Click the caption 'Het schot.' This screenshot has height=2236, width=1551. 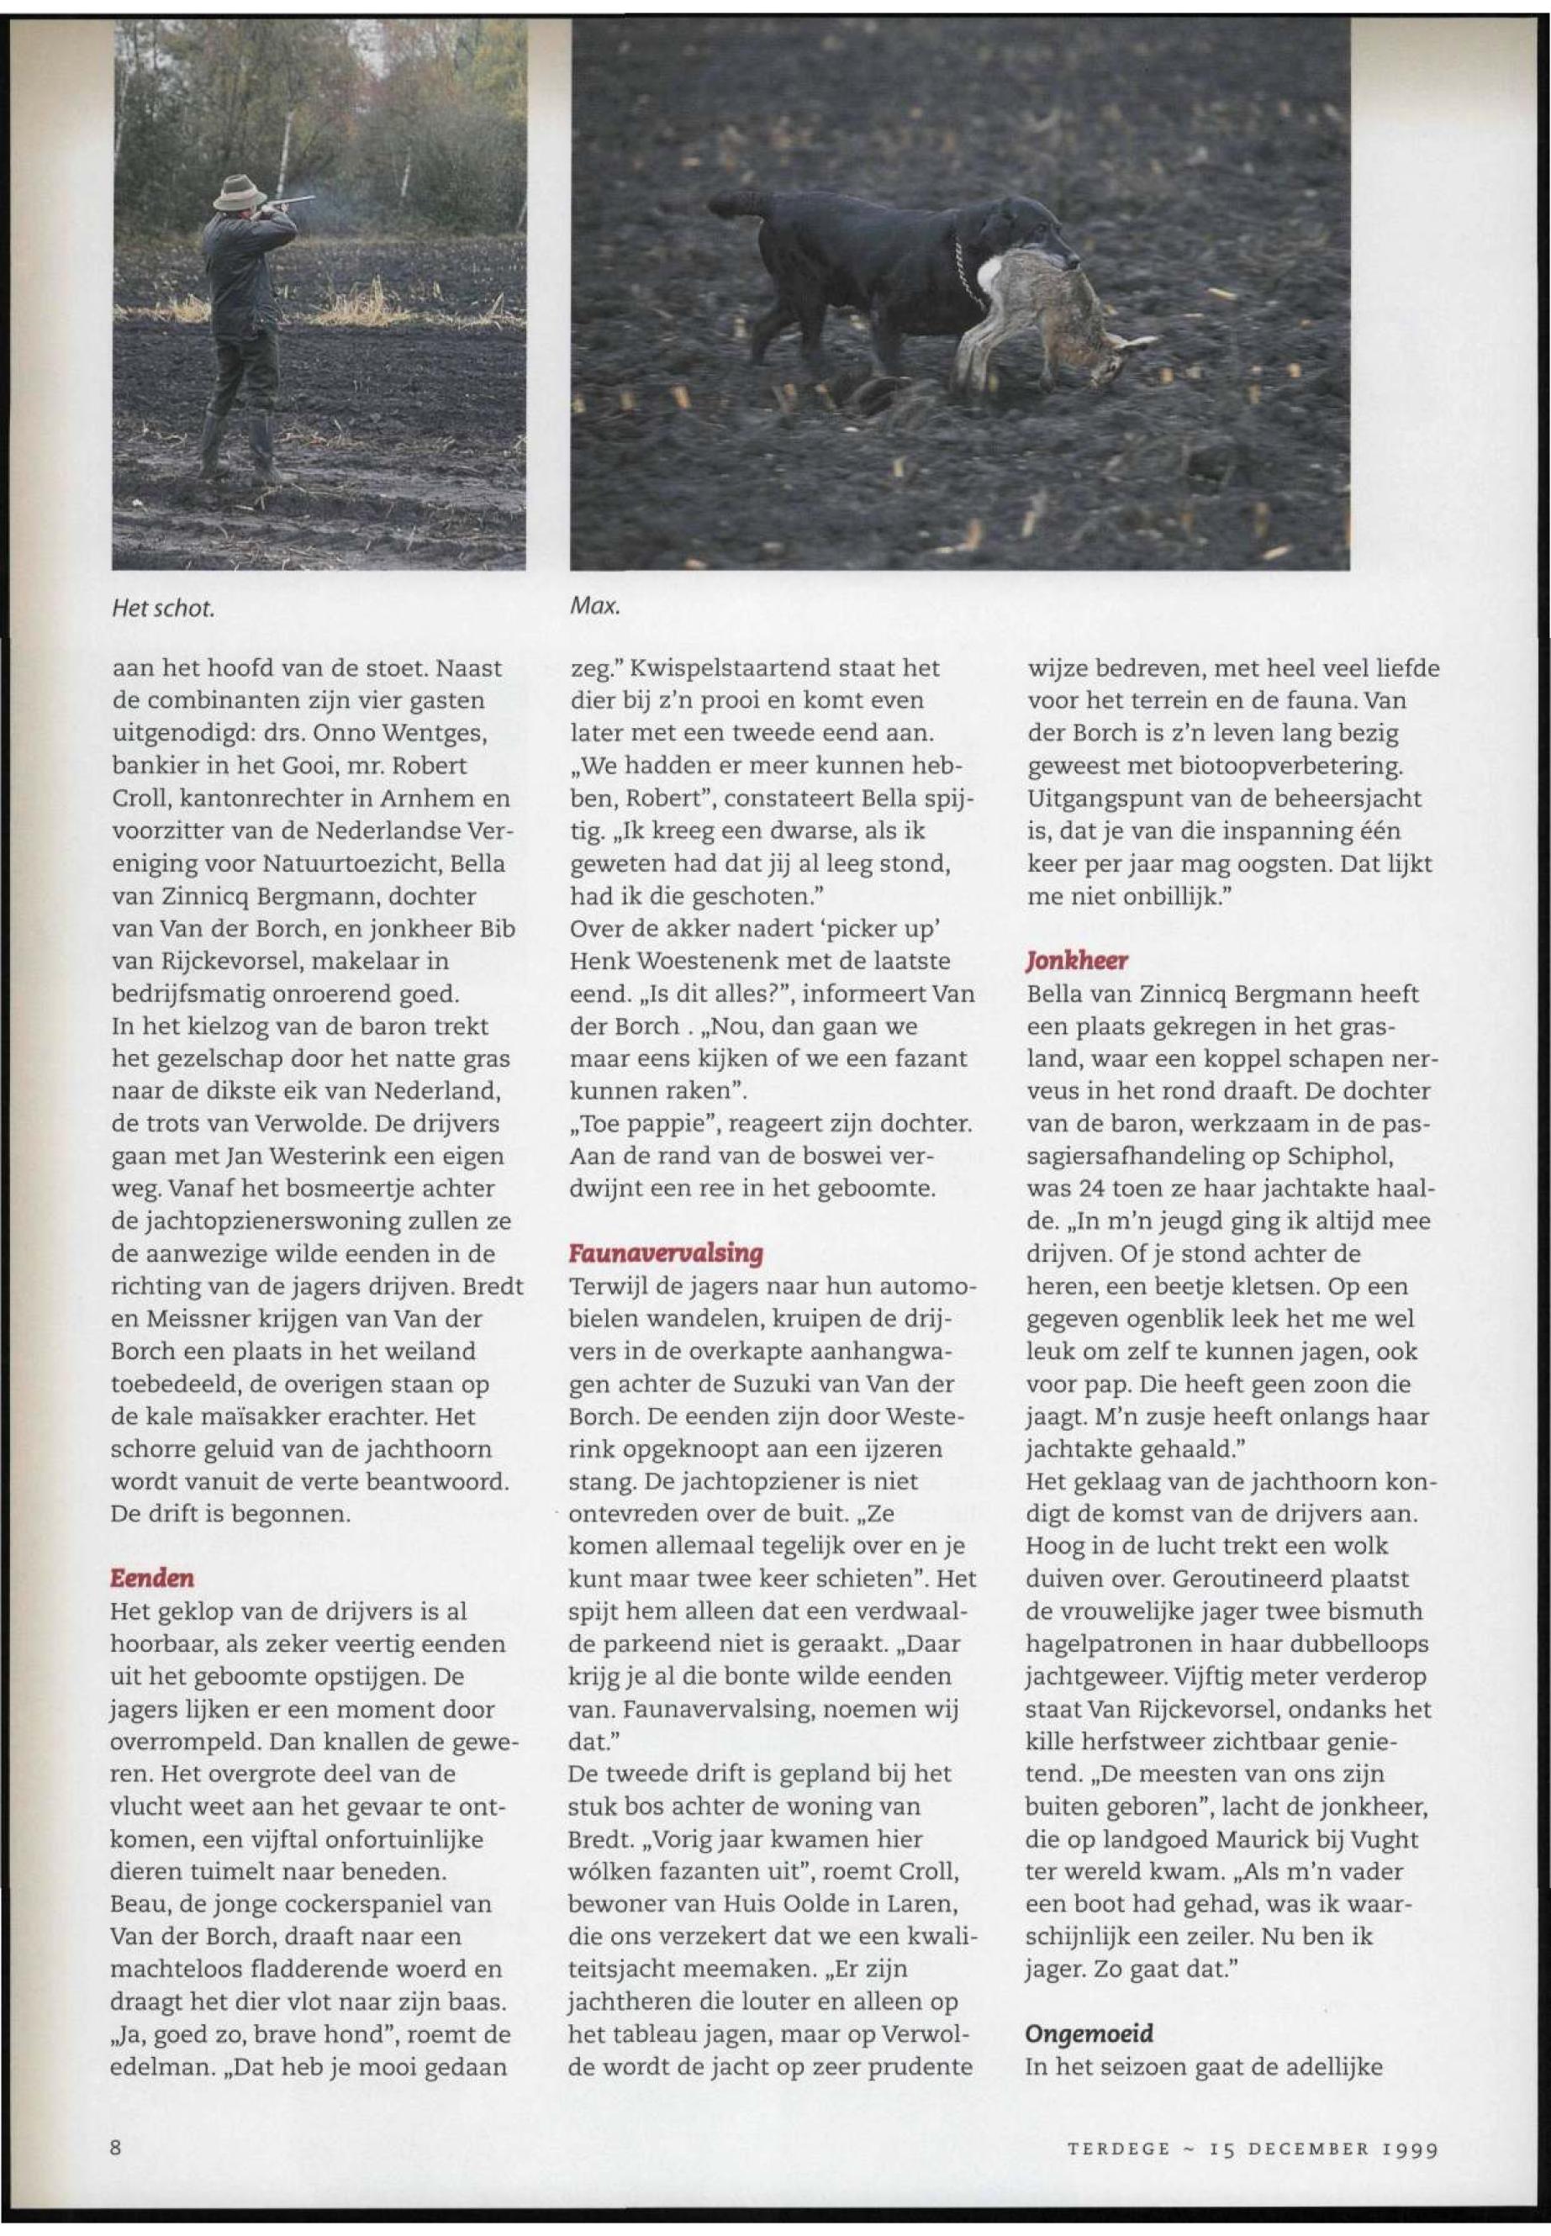(162, 609)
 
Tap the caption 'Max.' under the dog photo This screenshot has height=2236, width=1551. (593, 609)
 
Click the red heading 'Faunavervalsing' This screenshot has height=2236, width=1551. (665, 1252)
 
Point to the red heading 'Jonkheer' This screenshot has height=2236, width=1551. (1077, 961)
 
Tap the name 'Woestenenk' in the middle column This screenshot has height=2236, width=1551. (686, 961)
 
